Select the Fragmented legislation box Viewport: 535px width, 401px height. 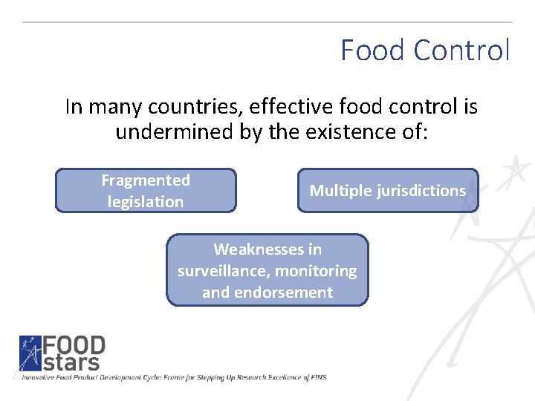(146, 191)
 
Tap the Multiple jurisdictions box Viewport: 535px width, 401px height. (388, 191)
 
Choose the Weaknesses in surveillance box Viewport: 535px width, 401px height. (267, 270)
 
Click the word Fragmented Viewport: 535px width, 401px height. (146, 180)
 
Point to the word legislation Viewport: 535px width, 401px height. (146, 202)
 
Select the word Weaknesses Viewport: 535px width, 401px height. (267, 249)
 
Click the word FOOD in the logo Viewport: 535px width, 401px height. (74, 345)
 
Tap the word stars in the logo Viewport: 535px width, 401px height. (71, 362)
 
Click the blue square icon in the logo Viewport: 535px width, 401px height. (30, 353)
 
